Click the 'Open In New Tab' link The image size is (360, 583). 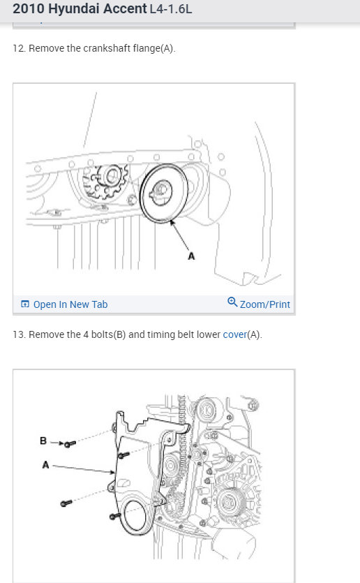(70, 304)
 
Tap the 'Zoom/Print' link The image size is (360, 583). (265, 304)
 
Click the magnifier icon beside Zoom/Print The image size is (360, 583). (232, 302)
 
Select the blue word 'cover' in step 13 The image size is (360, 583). (235, 334)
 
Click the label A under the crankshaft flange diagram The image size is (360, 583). (191, 256)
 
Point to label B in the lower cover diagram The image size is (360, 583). (43, 441)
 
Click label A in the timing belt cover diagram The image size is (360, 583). (45, 465)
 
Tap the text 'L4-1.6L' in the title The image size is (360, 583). (171, 9)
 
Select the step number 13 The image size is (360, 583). (19, 334)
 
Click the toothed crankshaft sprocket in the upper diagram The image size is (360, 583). (107, 182)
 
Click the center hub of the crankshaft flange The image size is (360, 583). (161, 192)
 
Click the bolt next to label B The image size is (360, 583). (70, 444)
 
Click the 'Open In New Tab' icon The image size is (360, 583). (25, 304)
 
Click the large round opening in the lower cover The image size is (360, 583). (135, 515)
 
